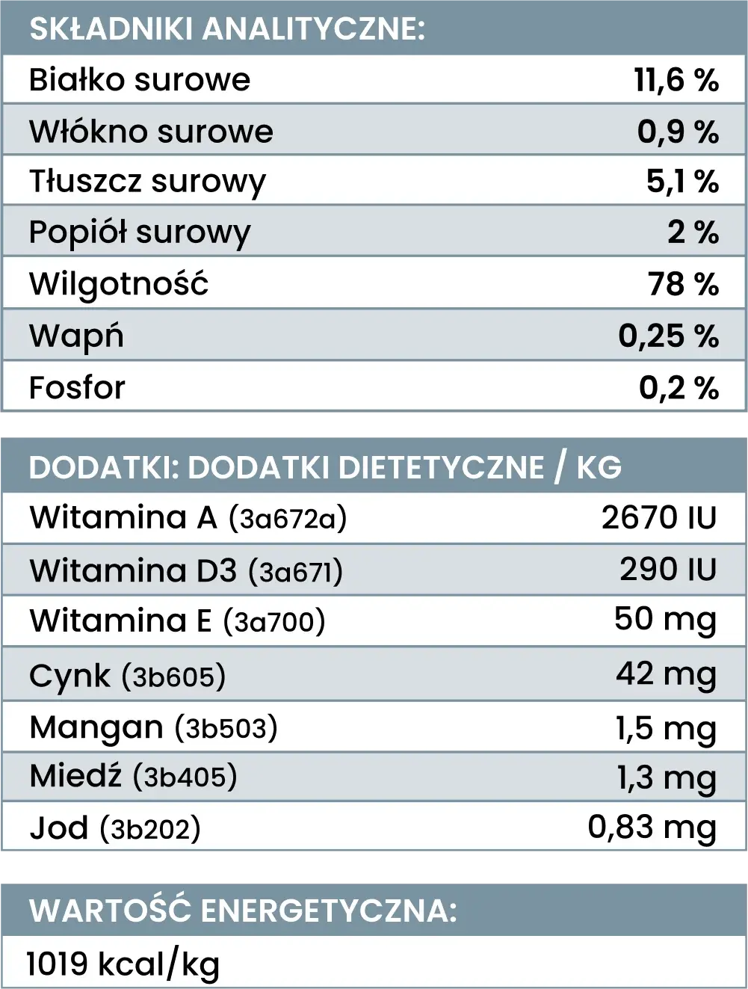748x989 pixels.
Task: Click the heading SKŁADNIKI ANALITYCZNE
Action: click(226, 28)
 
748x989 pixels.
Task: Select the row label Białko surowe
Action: click(140, 80)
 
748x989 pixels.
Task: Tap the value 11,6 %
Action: click(676, 80)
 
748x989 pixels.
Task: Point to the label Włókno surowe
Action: click(151, 132)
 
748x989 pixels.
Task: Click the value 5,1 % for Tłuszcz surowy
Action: click(682, 182)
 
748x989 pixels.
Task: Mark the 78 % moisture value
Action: click(683, 284)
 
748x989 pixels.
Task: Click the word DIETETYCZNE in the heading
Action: click(441, 467)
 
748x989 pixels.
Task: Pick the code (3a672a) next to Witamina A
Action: click(288, 518)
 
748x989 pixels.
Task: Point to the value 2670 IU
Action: click(659, 518)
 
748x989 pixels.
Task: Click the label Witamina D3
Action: click(133, 571)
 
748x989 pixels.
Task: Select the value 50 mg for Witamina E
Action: click(665, 620)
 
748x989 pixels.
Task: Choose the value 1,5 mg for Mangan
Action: click(666, 729)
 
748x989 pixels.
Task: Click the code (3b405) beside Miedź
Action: click(185, 777)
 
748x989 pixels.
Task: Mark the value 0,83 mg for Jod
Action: click(652, 828)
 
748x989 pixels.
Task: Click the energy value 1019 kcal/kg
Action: click(123, 964)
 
